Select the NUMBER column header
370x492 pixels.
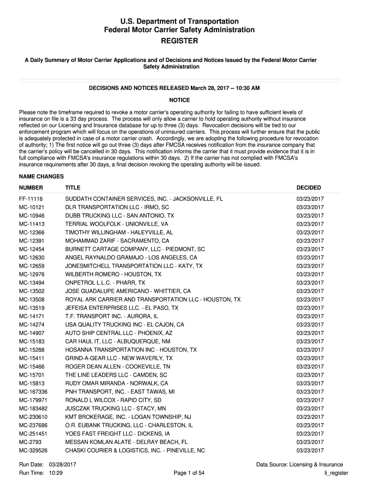[31, 188]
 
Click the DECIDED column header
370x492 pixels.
[308, 188]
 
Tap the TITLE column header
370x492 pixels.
[73, 188]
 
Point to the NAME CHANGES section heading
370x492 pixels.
[41, 177]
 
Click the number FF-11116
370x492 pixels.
[31, 199]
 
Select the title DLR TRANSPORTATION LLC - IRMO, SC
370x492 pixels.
[117, 207]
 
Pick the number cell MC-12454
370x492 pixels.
[32, 249]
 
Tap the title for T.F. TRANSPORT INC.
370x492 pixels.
[111, 317]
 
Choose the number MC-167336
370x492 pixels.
[33, 392]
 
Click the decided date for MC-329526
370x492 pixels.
[310, 451]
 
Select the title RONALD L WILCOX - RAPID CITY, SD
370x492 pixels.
[113, 400]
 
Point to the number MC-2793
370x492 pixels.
[30, 443]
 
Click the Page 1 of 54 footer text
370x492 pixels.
[189, 473]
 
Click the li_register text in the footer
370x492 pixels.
[336, 473]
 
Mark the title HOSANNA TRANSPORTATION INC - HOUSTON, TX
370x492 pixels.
[131, 350]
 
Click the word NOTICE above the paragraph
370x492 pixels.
[180, 100]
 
